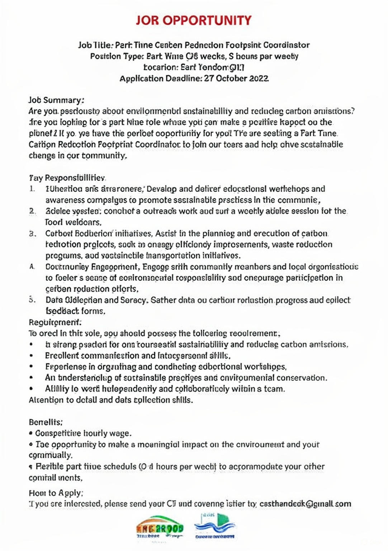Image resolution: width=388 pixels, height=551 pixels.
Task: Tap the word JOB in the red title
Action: [x=147, y=20]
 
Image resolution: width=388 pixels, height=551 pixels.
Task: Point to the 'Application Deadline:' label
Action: [x=161, y=79]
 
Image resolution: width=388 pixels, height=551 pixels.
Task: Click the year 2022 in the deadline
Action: [x=259, y=79]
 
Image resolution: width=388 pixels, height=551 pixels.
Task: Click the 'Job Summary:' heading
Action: [x=56, y=100]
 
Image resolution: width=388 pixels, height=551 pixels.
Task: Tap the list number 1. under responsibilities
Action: [x=32, y=189]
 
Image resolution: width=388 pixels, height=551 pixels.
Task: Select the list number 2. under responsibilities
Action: [x=32, y=211]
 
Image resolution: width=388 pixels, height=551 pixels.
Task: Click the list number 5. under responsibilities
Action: [x=32, y=300]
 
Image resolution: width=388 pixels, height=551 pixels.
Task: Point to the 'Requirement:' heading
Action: [x=55, y=322]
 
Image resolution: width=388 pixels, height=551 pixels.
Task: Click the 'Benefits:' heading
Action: [x=46, y=422]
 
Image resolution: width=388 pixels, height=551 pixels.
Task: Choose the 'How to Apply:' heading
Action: [x=56, y=493]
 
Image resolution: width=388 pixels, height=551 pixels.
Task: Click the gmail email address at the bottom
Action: [x=305, y=504]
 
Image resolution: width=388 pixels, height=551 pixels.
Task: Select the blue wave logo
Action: [x=214, y=526]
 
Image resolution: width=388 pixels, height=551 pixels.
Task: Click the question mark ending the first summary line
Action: [x=353, y=111]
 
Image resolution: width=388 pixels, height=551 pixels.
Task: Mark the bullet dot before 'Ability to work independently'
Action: [x=32, y=389]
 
